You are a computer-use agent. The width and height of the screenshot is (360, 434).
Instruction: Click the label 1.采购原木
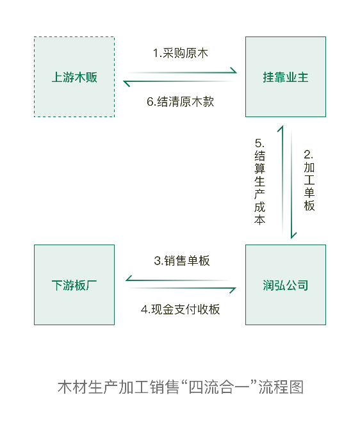click(180, 53)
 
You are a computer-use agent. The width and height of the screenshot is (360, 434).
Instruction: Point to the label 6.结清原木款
click(180, 102)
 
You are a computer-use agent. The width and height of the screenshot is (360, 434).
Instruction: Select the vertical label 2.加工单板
click(309, 181)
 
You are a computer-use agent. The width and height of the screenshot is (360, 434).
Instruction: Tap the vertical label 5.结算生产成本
click(260, 182)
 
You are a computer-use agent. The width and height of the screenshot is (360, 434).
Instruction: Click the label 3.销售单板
click(182, 261)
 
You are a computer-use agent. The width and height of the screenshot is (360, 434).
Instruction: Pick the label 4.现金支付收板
click(180, 309)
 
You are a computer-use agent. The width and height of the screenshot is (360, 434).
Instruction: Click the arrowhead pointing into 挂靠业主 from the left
click(234, 70)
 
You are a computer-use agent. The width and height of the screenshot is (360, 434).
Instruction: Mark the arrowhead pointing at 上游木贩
click(127, 83)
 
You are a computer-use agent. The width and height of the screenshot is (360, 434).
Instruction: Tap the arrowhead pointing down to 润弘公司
click(293, 236)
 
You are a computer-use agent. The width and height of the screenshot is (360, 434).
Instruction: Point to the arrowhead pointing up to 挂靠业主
click(281, 129)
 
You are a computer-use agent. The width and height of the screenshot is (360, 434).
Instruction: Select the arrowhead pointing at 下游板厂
click(129, 278)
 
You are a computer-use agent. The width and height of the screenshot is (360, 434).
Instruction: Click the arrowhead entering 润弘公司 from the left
click(233, 290)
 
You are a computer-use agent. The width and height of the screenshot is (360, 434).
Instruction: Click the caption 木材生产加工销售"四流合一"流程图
click(181, 387)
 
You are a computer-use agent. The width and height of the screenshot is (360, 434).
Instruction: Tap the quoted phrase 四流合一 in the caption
click(219, 387)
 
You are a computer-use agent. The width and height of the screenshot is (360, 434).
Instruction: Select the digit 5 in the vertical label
click(258, 143)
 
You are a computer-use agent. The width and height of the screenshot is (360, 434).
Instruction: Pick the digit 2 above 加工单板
click(307, 154)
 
